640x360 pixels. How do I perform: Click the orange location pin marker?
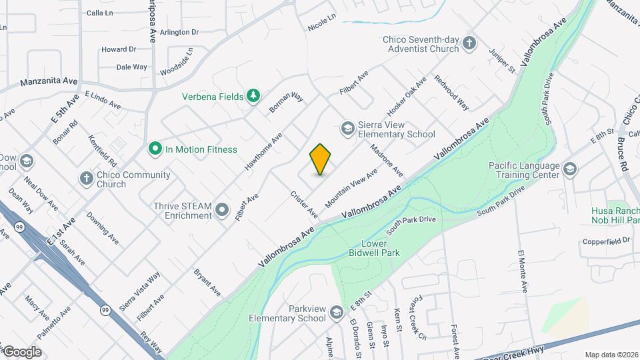(321, 159)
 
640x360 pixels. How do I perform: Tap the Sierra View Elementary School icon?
(347, 127)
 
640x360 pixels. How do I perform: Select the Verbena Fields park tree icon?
(253, 97)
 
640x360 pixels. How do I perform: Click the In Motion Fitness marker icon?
(155, 149)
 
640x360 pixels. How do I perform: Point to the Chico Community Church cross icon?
(85, 178)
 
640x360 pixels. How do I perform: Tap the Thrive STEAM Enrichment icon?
(223, 211)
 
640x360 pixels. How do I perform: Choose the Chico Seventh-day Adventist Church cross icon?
(470, 43)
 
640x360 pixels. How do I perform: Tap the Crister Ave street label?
(304, 205)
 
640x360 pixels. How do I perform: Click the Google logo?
(21, 351)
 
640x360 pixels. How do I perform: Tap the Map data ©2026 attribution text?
(611, 355)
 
